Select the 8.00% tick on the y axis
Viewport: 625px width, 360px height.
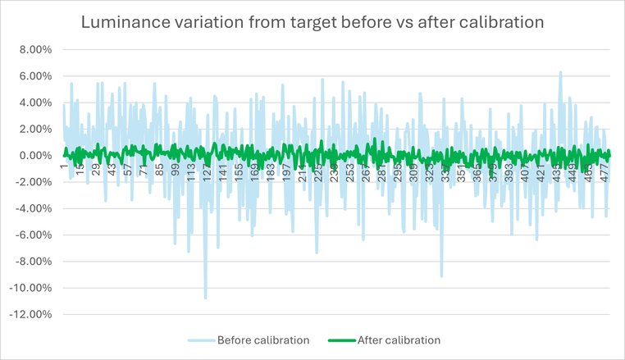35,50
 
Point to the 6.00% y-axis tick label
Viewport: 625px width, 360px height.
35,76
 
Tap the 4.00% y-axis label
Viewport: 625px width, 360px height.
35,103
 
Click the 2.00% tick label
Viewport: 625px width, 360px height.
35,130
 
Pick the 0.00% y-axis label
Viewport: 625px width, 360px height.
35,156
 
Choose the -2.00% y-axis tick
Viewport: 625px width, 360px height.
34,182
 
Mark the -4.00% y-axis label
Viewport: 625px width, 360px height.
34,208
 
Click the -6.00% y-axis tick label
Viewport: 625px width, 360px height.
34,235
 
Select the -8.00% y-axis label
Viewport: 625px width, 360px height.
34,262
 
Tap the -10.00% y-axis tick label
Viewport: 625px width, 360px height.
31,288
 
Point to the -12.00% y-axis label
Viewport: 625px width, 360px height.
31,314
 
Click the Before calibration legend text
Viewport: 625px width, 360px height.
262,339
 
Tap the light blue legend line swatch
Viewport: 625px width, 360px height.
201,339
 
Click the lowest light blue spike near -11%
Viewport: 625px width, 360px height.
205,298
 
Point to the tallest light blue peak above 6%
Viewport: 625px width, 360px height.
561,72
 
